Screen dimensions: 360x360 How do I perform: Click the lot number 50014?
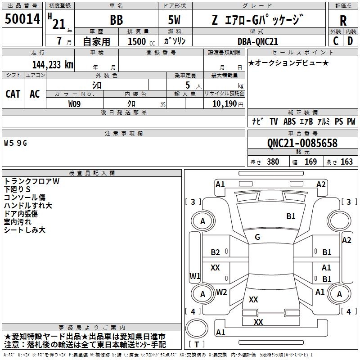(x=22, y=18)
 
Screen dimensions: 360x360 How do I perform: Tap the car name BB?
(x=117, y=20)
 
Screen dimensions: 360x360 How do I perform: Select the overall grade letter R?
(x=343, y=20)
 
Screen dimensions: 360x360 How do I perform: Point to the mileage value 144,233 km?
(x=53, y=65)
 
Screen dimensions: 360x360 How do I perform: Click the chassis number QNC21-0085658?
(x=302, y=143)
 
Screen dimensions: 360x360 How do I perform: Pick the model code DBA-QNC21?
(x=257, y=41)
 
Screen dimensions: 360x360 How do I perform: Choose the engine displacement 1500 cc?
(x=141, y=41)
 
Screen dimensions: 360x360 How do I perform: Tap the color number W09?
(x=74, y=104)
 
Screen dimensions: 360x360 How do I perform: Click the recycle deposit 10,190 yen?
(x=228, y=104)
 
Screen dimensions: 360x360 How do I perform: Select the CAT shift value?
(x=13, y=94)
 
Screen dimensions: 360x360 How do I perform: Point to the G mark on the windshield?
(x=257, y=237)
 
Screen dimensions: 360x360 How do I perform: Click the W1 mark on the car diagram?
(x=195, y=276)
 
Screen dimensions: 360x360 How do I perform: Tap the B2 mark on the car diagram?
(x=215, y=252)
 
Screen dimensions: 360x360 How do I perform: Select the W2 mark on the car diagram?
(x=221, y=292)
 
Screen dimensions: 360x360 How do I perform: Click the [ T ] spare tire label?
(x=197, y=344)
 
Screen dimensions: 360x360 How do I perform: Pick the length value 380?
(x=273, y=162)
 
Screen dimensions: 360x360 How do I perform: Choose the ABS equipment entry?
(x=289, y=121)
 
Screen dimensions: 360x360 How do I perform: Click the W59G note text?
(x=15, y=143)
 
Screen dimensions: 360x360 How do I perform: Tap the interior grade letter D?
(x=350, y=41)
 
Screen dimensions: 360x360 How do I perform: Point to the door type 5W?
(x=174, y=20)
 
